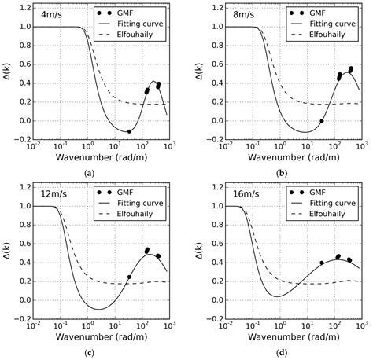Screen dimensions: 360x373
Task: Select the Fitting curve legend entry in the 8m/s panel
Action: (334, 26)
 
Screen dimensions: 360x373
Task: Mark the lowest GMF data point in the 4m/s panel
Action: (129, 131)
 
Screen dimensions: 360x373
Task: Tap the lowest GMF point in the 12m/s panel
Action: (129, 277)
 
